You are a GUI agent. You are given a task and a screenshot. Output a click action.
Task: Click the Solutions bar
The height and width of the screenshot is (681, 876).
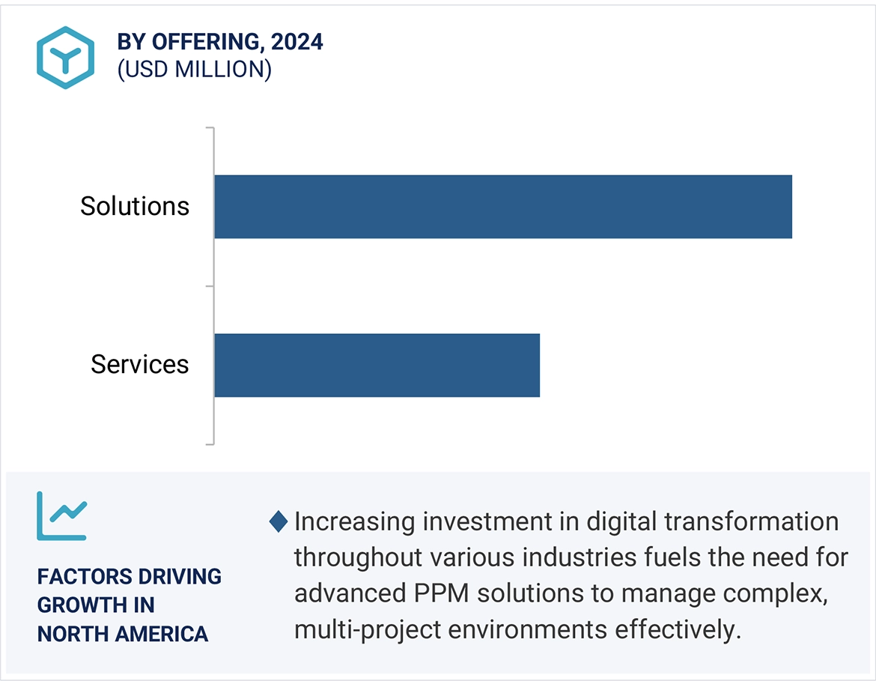point(502,207)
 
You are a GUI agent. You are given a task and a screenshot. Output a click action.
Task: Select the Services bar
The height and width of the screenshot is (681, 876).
point(377,365)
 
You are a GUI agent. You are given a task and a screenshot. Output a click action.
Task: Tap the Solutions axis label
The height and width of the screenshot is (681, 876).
point(135,206)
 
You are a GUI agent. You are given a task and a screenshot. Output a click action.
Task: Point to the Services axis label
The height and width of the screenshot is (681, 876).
point(140,364)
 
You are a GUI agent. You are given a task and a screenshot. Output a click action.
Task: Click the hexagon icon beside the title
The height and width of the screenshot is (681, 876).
point(66,58)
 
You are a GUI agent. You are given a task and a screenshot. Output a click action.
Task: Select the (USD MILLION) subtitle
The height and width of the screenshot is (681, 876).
point(194,69)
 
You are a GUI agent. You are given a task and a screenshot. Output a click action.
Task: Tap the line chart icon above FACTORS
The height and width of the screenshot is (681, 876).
point(62,515)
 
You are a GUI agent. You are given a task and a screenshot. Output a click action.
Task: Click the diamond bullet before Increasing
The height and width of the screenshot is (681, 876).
point(279,521)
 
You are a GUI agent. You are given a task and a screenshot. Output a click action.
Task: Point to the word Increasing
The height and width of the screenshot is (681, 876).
point(355,521)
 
